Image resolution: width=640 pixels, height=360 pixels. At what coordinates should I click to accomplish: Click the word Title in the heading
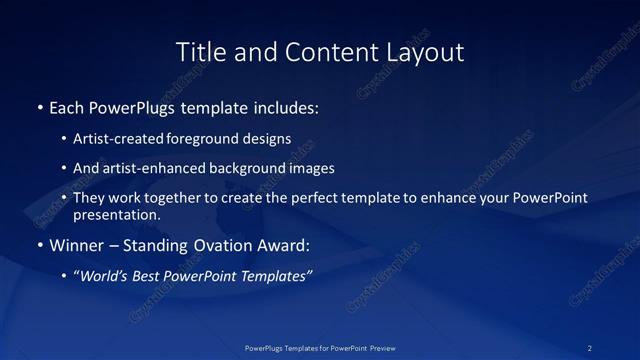coord(199,52)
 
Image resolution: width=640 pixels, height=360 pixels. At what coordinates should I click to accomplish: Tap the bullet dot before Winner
coord(39,244)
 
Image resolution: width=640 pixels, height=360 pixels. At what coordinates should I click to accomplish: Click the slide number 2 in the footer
coord(590,348)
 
